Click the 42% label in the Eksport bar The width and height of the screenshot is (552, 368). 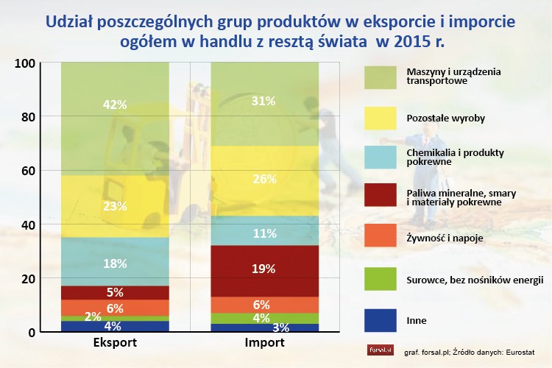(116, 105)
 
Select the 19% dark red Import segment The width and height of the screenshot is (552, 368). (264, 270)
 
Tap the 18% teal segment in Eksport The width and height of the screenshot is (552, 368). (116, 263)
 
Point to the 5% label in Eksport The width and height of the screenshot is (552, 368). (116, 292)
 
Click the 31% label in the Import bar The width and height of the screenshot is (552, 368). (264, 100)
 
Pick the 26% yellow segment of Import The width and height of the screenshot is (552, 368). (264, 179)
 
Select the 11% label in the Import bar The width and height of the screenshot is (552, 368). (264, 233)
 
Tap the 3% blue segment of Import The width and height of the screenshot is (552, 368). (264, 328)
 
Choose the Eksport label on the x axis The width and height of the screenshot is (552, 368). (114, 343)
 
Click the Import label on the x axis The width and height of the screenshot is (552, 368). (264, 343)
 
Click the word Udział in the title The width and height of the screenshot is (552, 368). (71, 21)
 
